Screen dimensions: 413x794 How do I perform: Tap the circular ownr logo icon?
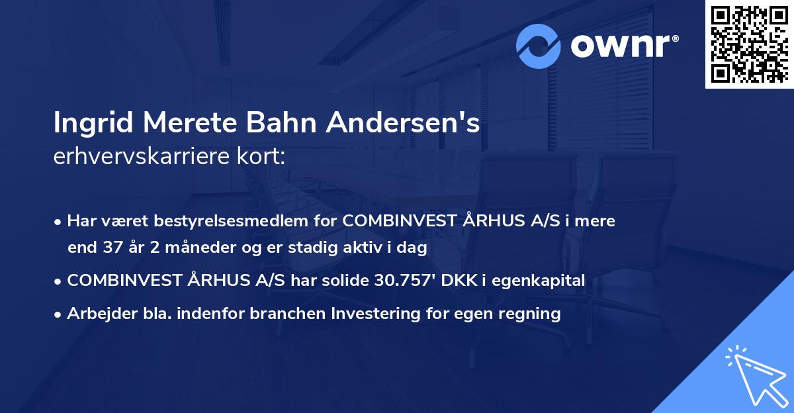539,46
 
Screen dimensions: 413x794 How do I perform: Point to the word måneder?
176,248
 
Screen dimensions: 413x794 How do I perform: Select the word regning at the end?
533,313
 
